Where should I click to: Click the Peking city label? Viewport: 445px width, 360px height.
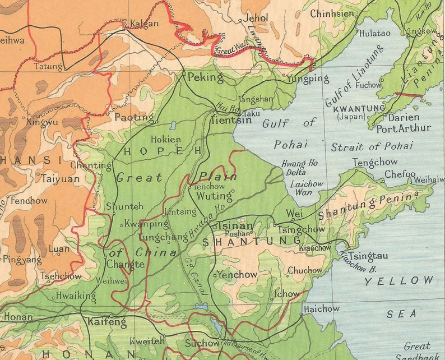(205, 77)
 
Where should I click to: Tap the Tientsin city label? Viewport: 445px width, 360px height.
(230, 120)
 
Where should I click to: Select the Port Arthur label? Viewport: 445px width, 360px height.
(404, 128)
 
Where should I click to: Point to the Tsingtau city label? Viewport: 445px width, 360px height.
(369, 256)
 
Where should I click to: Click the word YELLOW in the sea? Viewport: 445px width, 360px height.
(399, 281)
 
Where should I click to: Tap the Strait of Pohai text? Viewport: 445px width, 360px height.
(372, 146)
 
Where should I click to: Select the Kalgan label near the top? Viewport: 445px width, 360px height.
(144, 24)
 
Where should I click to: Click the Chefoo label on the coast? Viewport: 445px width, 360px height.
(400, 174)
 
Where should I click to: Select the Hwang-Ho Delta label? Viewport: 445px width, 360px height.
(299, 168)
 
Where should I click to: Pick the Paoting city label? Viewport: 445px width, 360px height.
(134, 117)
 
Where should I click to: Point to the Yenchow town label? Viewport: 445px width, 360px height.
(237, 275)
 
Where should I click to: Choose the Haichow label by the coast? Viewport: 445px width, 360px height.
(321, 309)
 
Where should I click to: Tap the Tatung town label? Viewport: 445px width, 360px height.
(48, 66)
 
